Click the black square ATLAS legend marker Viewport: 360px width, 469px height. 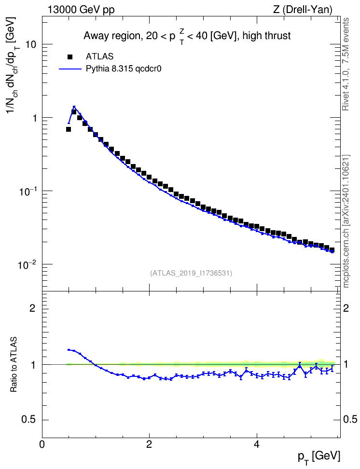pyautogui.click(x=69, y=56)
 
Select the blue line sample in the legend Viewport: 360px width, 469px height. pyautogui.click(x=70, y=69)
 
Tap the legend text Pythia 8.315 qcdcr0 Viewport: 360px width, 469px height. pyautogui.click(x=124, y=69)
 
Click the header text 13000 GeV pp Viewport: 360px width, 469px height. pyautogui.click(x=81, y=10)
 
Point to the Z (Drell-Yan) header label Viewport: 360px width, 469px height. pyautogui.click(x=303, y=10)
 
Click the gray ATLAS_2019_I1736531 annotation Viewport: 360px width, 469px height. pyautogui.click(x=191, y=273)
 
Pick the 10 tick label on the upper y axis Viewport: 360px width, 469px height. pyautogui.click(x=31, y=44)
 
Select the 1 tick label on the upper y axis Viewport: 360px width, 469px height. pyautogui.click(x=34, y=118)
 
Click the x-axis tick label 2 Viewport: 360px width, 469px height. pyautogui.click(x=149, y=444)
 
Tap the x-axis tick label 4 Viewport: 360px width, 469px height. pyautogui.click(x=256, y=444)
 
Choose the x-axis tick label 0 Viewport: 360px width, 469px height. pyautogui.click(x=42, y=444)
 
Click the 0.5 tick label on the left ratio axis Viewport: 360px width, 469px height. pyautogui.click(x=29, y=420)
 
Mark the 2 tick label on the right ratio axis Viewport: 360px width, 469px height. pyautogui.click(x=346, y=308)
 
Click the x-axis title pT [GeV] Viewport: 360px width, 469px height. pyautogui.click(x=319, y=457)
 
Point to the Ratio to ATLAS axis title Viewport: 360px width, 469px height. pyautogui.click(x=14, y=365)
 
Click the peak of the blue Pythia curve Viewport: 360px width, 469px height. pyautogui.click(x=74, y=107)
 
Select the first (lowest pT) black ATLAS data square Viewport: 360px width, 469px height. pyautogui.click(x=69, y=129)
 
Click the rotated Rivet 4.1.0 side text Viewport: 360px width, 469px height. pyautogui.click(x=346, y=64)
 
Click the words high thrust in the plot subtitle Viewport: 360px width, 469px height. pyautogui.click(x=267, y=36)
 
